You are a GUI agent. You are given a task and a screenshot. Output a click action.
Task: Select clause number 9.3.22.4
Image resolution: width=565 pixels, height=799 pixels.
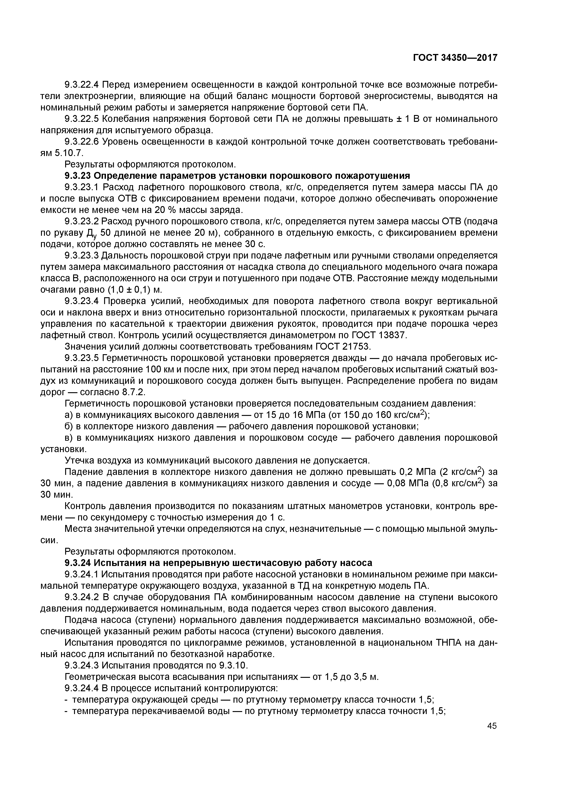click(x=82, y=85)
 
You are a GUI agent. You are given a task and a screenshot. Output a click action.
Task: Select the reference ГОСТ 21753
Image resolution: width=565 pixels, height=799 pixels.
click(x=343, y=347)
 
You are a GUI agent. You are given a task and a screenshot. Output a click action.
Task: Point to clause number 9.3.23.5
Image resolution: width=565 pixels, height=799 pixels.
click(x=82, y=358)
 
